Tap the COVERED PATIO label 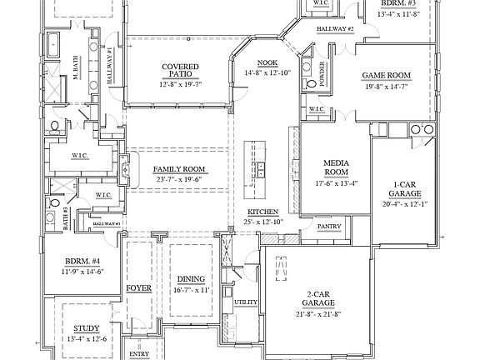click(180, 71)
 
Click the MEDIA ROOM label click(335, 167)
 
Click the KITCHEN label click(262, 212)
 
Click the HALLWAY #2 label click(336, 29)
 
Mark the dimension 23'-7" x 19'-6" click(179, 178)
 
